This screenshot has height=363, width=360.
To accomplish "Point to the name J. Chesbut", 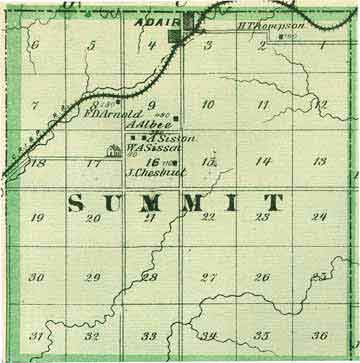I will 151,171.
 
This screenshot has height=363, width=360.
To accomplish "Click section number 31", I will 36,336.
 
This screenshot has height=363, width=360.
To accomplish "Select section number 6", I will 35,45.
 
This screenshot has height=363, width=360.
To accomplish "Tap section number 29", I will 93,278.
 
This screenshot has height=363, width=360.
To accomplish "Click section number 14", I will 263,161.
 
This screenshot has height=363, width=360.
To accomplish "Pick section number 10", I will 207,104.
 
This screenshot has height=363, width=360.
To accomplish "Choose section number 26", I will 262,278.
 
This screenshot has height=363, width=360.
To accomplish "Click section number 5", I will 92,45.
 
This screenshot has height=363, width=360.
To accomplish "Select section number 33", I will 149,336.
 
